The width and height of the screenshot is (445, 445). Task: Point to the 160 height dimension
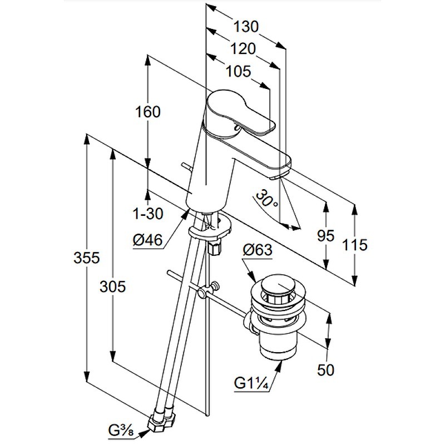147,112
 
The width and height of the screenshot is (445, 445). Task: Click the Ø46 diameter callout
147,240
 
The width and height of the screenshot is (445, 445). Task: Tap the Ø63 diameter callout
258,250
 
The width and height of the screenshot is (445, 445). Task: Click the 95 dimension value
326,236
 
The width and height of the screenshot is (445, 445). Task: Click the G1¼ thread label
253,384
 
